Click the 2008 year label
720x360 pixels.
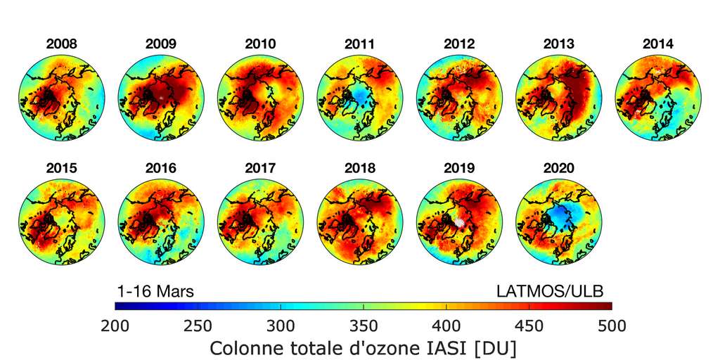[x=62, y=44]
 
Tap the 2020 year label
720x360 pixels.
[x=558, y=168]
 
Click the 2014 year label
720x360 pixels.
[x=657, y=44]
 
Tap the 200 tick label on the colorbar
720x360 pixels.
[x=115, y=326]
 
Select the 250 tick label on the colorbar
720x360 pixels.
[x=198, y=326]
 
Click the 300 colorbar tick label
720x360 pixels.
[x=281, y=326]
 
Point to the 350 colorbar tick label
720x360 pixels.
[x=364, y=326]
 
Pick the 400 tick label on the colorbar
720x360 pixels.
[x=446, y=326]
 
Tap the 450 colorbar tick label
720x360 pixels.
[x=529, y=326]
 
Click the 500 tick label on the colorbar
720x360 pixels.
[x=611, y=326]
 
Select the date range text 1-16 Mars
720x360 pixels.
[x=155, y=290]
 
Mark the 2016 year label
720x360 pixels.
[x=161, y=168]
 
